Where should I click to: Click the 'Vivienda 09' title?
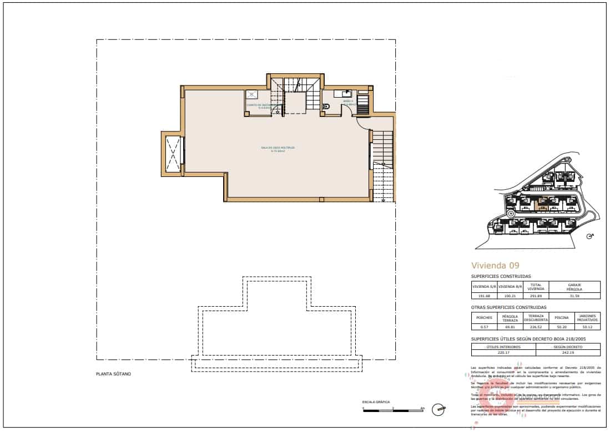[495, 265]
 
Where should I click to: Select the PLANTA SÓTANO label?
[113, 374]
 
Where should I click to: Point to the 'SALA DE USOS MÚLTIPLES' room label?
[278, 148]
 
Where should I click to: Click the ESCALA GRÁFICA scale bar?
[392, 410]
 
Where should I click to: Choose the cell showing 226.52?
[536, 327]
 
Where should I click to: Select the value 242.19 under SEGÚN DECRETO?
[568, 352]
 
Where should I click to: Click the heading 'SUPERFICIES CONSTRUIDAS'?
[501, 276]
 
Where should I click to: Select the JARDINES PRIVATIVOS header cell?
[587, 318]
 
